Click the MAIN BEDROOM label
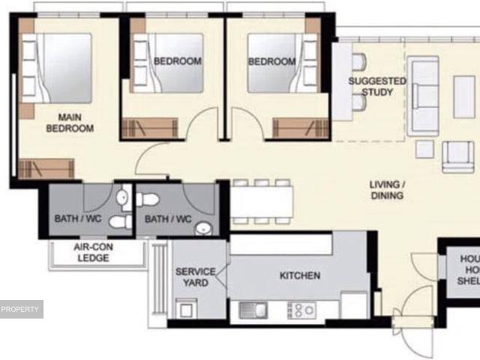70,122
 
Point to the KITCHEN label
300,276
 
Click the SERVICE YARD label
196,277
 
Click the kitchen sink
253,308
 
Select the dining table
261,200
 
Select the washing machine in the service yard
186,307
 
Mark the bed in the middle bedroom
169,63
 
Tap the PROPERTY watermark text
20,309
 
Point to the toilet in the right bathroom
148,199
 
